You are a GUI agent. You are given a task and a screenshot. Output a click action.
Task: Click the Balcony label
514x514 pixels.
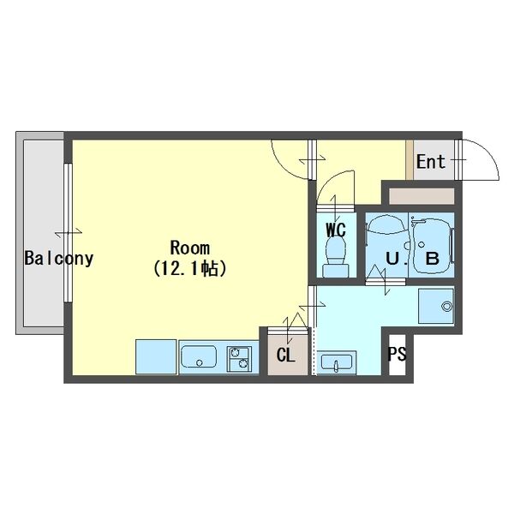[58, 258]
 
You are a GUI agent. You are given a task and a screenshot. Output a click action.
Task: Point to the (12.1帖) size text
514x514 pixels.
[189, 268]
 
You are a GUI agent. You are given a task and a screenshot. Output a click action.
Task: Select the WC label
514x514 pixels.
[335, 230]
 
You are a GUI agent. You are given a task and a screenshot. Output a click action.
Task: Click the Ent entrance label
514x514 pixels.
[431, 161]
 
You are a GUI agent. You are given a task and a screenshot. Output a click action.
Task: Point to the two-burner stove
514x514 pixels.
[238, 357]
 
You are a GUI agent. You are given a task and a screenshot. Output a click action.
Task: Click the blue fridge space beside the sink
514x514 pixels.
[156, 356]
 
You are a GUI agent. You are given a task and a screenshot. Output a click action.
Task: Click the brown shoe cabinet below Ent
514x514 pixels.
[421, 195]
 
